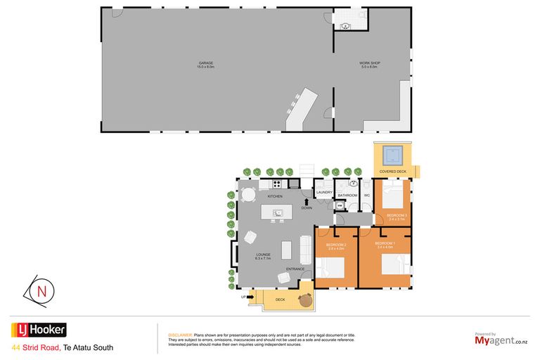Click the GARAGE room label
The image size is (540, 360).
[206, 64]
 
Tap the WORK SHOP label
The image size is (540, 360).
[370, 64]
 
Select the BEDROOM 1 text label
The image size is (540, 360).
[385, 243]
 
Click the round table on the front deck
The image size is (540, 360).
[304, 300]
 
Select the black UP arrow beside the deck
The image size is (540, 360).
[251, 297]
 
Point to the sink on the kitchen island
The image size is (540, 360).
[278, 212]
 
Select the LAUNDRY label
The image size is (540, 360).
[324, 192]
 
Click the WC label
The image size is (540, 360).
[366, 195]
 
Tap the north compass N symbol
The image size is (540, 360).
[42, 290]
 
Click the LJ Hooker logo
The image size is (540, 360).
[39, 330]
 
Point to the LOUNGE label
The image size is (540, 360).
[263, 255]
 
